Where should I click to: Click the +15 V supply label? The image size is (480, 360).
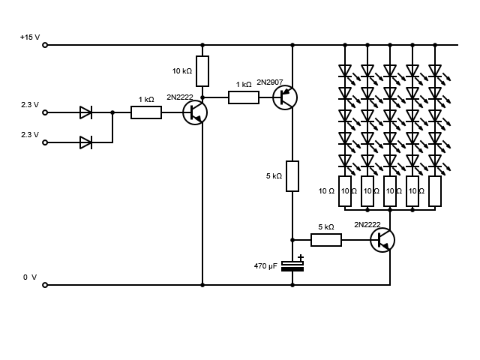pos(30,37)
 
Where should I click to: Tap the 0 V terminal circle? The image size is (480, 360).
pos(45,285)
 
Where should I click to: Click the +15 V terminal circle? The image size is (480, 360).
pos(45,45)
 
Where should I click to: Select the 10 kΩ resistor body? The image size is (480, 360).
pos(202,71)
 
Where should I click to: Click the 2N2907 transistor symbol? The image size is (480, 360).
pos(285,97)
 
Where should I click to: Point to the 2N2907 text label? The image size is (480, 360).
pos(270,82)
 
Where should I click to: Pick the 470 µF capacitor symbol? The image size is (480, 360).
pos(292,266)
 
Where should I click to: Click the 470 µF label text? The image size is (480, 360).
pos(265,266)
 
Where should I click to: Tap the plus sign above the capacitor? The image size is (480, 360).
pos(301,257)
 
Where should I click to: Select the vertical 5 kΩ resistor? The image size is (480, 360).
pos(292,176)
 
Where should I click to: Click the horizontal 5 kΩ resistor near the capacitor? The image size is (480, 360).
pos(326,240)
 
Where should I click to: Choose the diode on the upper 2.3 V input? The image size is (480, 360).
pos(86,112)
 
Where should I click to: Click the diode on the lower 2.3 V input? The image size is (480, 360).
pos(86,142)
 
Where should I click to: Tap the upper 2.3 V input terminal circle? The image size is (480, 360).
pos(45,112)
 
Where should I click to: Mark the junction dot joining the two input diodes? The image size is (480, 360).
pos(112,112)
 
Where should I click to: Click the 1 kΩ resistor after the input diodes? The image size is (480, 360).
pos(146,112)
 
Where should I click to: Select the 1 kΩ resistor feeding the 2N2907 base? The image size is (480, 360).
pos(244,97)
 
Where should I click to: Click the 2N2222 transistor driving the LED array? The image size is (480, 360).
pos(382,240)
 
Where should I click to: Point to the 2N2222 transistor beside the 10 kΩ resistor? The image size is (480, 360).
pos(195,112)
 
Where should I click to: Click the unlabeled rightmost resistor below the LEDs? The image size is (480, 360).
pos(435,191)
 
